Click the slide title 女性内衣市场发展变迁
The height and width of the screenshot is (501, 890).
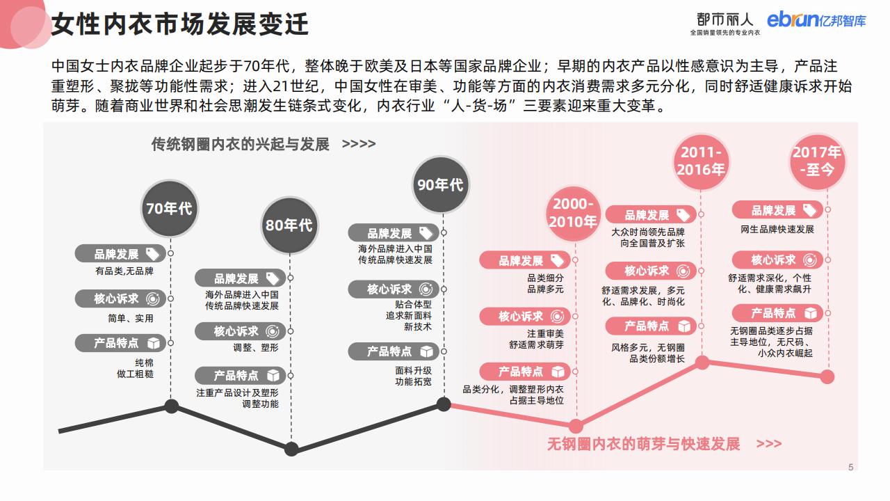click(x=180, y=24)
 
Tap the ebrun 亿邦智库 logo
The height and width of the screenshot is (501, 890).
click(x=816, y=20)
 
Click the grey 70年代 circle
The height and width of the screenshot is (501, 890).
click(x=169, y=208)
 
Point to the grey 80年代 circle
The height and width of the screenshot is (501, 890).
click(x=289, y=225)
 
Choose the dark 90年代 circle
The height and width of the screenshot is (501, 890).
click(x=439, y=184)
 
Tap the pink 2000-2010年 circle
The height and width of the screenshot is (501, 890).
click(x=573, y=213)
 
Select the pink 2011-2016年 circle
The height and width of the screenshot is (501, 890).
click(x=702, y=161)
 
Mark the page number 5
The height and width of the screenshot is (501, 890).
click(x=850, y=468)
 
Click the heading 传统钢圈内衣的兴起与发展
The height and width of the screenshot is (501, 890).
click(x=241, y=144)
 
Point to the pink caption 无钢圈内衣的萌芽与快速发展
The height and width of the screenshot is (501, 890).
click(x=643, y=443)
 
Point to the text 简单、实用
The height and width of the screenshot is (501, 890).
click(x=131, y=318)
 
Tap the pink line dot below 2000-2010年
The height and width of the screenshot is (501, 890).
click(x=575, y=426)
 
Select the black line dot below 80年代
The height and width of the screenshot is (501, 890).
click(x=291, y=449)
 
